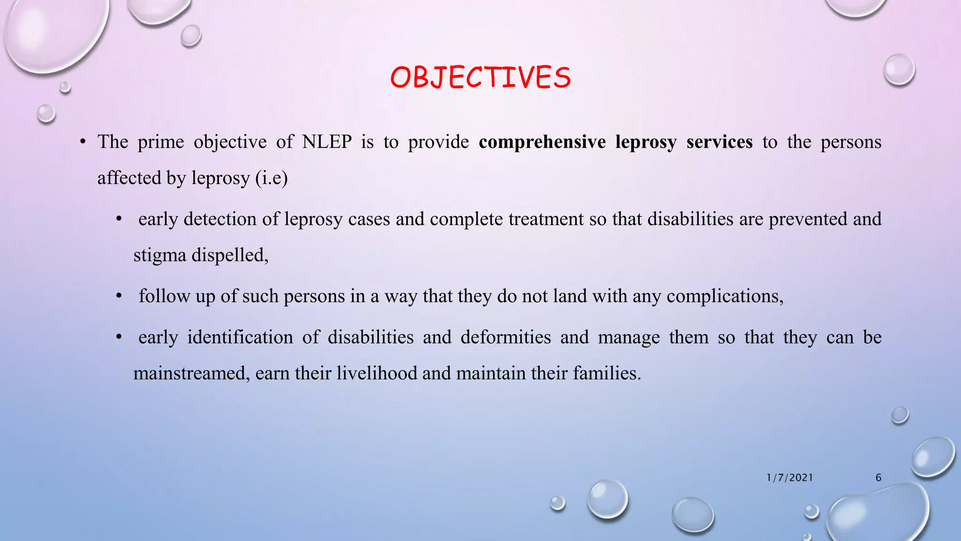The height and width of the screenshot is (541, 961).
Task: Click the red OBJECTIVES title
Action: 480,77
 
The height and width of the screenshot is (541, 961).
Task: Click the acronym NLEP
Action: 327,142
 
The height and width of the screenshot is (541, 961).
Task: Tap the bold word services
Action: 719,142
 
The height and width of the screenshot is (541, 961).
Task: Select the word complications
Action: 725,296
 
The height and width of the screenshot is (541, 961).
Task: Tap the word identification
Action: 240,337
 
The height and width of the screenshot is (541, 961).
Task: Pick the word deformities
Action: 505,337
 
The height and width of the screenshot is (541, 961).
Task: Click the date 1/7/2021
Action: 790,478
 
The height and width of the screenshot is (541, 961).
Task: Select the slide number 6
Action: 878,478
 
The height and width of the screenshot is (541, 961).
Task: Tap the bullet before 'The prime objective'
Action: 82,142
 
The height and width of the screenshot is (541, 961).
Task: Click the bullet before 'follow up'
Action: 119,296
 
